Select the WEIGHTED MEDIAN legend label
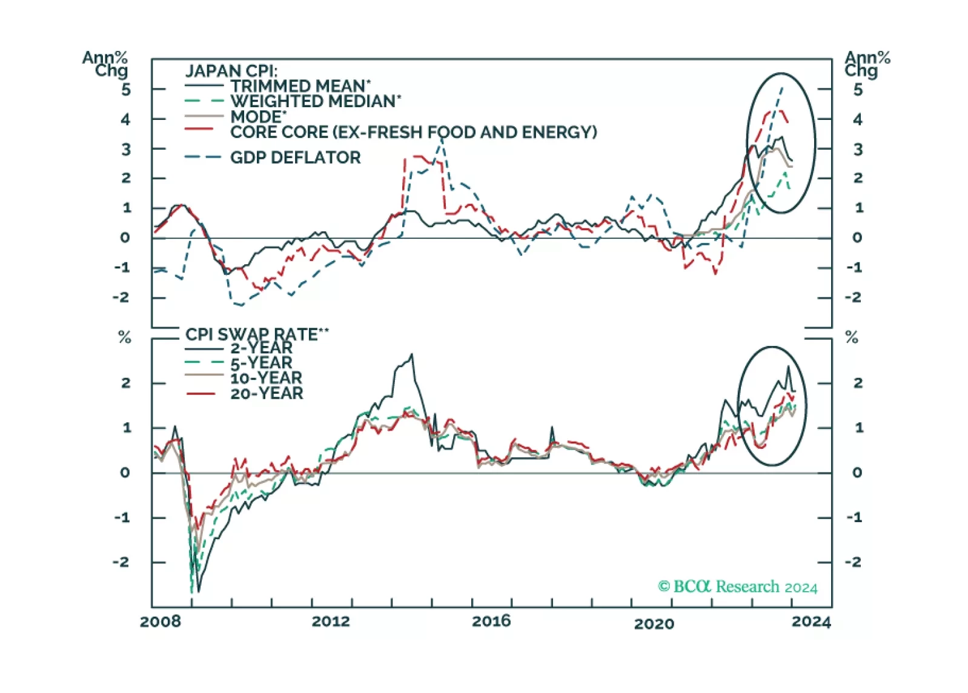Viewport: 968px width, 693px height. coord(315,101)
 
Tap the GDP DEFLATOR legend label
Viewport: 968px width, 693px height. coord(295,157)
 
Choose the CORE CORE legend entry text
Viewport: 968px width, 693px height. coord(413,132)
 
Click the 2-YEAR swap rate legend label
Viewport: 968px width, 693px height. coord(261,348)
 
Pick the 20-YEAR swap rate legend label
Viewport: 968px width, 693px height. coord(267,394)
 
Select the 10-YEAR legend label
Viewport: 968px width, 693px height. coord(266,378)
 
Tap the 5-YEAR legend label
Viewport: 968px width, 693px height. coord(261,363)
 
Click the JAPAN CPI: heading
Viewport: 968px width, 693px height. coord(231,71)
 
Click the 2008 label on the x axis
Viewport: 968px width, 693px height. coord(160,622)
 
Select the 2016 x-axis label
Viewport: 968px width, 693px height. coord(491,622)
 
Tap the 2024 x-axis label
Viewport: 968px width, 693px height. coord(811,622)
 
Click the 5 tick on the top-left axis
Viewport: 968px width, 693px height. coord(125,90)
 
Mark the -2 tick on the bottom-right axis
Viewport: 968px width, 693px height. coord(854,562)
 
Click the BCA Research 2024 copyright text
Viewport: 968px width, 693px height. coord(737,586)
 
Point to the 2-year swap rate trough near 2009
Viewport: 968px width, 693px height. coord(198,591)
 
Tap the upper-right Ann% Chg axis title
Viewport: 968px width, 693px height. coord(867,64)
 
